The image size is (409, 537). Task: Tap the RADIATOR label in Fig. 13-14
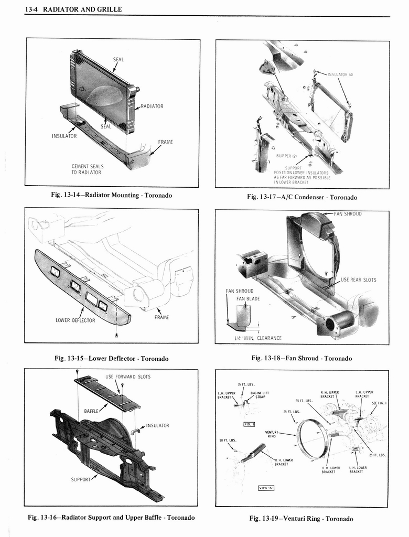pos(152,106)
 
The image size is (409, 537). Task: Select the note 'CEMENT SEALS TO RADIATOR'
pos(88,169)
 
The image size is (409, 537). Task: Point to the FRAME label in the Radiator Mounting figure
pos(165,142)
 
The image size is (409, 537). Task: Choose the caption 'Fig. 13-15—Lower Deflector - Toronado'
pos(112,359)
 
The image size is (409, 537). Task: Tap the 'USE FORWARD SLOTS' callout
pos(127,377)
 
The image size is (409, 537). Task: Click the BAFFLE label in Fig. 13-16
pos(92,411)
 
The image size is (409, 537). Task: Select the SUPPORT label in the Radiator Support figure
pos(81,479)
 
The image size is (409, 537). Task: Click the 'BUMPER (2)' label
pos(287,156)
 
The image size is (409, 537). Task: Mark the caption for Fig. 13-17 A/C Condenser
pos(302,197)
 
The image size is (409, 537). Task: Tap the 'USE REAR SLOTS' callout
pos(359,280)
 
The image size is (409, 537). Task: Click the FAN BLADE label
pos(248,298)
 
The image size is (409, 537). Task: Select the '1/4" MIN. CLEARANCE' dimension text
pos(257,338)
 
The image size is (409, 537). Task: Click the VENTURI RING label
pos(271,434)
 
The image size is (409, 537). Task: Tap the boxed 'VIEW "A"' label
pos(267,488)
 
